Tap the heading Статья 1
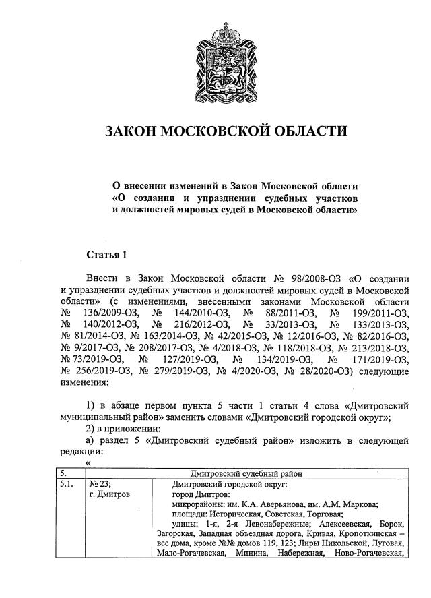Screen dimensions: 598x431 pos(106,254)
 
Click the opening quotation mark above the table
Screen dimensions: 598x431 pos(88,462)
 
